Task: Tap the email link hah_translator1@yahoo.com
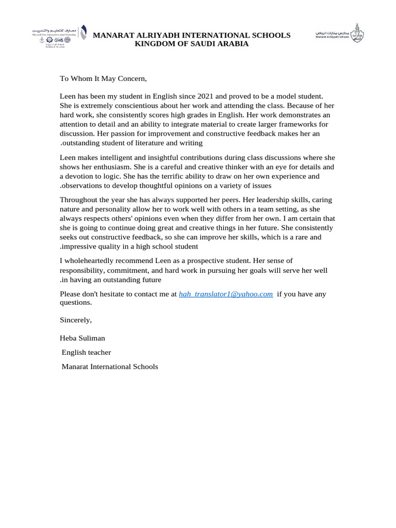tap(225, 294)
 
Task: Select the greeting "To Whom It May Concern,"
tap(103, 78)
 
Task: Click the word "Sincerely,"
tap(76, 320)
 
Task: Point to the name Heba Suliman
tap(83, 338)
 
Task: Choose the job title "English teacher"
tap(86, 352)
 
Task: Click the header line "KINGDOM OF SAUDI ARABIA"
tap(191, 44)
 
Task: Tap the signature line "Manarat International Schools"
tap(109, 367)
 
